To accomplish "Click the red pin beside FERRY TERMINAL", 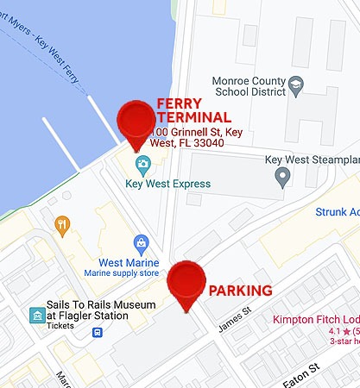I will (135, 121).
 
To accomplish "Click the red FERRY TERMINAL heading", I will (193, 110).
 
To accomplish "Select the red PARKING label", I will (240, 291).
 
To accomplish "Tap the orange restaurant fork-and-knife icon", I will (62, 226).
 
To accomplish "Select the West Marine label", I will (129, 262).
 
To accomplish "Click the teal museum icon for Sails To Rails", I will (37, 315).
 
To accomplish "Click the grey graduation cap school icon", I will (295, 84).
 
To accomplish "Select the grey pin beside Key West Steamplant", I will (281, 178).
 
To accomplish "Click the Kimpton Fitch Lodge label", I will (316, 319).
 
